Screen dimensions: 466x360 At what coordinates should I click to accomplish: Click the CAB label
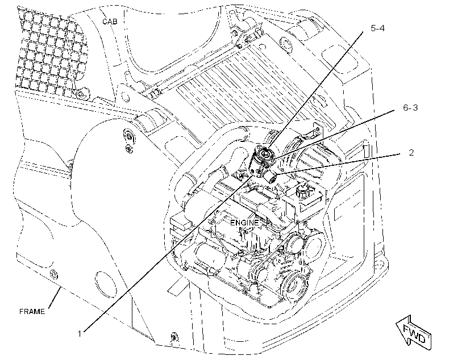110,22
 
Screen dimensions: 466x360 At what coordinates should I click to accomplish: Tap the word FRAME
32,312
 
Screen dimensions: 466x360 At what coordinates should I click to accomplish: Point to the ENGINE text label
244,222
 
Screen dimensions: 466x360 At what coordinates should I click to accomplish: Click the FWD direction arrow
414,332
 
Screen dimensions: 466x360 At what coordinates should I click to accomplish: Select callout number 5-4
378,28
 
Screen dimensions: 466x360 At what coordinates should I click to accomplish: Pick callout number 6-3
410,107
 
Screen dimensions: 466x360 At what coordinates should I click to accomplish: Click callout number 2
411,153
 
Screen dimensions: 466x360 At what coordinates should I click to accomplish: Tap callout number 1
80,334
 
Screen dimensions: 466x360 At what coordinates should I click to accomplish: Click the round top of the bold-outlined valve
264,152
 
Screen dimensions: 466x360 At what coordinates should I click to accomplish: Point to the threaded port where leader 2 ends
272,178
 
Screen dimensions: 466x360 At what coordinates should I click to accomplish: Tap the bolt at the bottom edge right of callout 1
173,337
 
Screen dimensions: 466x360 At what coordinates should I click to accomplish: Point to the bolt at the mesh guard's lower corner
80,94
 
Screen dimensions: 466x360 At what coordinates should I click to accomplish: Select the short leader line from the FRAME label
55,298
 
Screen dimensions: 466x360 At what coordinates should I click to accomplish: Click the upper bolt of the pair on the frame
129,137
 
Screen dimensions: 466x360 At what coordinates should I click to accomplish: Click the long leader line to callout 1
168,253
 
